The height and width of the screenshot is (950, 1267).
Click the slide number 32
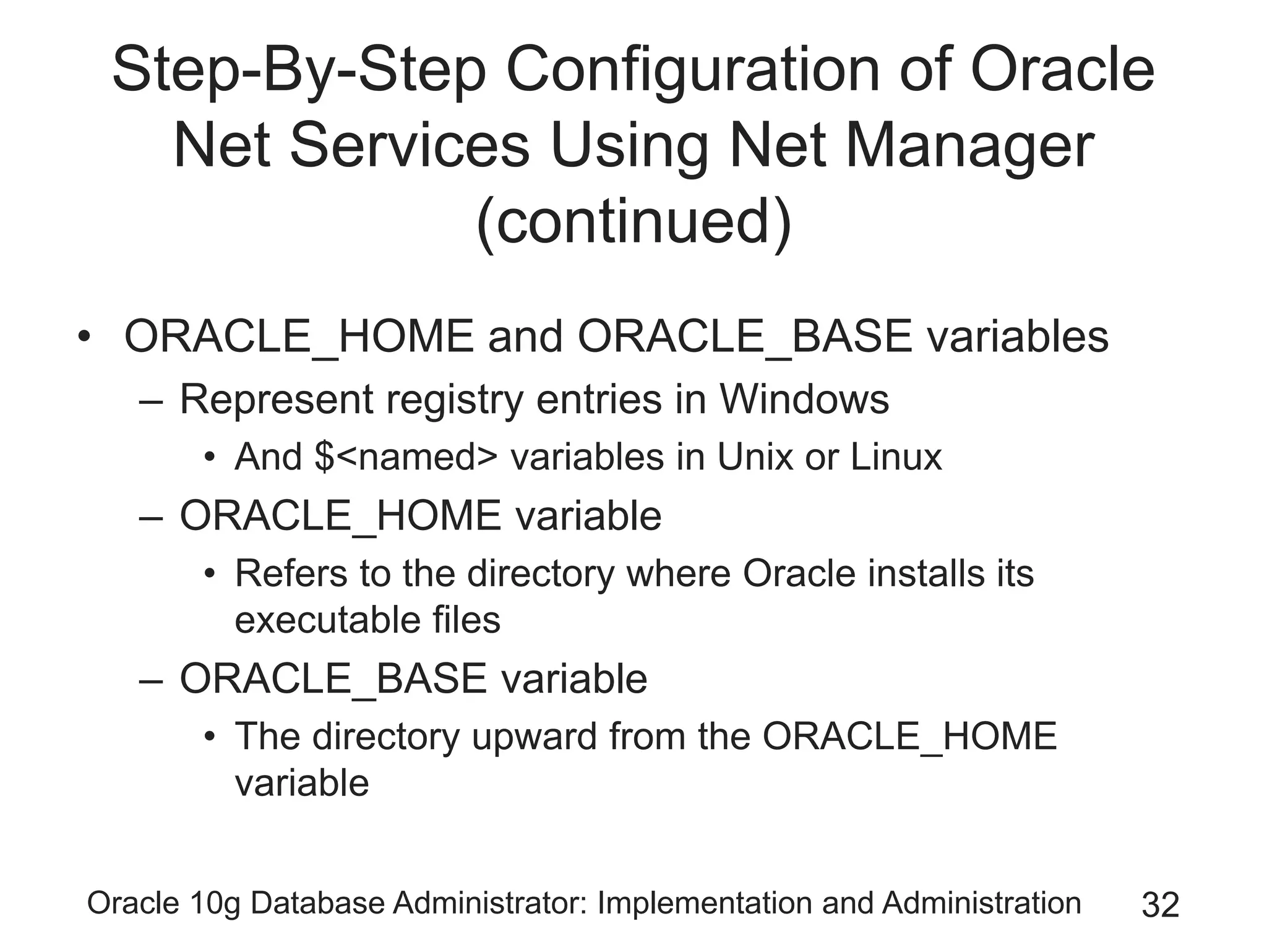coord(1160,905)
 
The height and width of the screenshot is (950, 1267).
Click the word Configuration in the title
coord(692,71)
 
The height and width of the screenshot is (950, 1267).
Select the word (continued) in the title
coord(633,221)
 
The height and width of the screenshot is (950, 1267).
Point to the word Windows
coord(804,400)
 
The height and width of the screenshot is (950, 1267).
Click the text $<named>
coord(405,457)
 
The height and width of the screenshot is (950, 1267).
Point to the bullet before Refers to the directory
coord(210,575)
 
